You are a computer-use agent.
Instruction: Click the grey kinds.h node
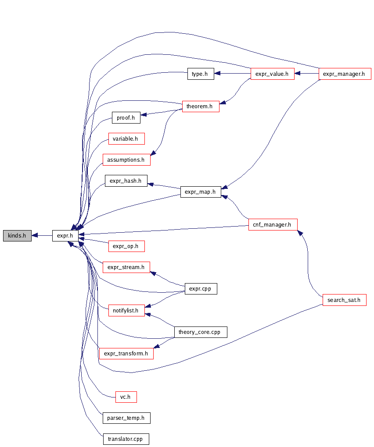point(17,236)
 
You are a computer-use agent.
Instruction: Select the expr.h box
point(65,236)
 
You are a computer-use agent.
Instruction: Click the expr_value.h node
point(272,74)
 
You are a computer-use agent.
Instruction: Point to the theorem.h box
point(200,106)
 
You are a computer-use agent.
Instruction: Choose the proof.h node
point(126,117)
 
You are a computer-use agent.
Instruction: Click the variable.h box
point(126,139)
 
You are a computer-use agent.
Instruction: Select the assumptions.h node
point(126,160)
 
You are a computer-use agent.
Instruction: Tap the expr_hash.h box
point(126,181)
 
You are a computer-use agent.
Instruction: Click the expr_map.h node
point(200,192)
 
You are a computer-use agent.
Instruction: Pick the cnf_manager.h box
point(272,225)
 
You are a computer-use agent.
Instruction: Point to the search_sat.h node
point(344,300)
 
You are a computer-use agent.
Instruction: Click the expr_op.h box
point(126,246)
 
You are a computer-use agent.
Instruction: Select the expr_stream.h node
point(126,267)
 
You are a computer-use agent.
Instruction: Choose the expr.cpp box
point(201,289)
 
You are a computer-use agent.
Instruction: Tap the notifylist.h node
point(126,311)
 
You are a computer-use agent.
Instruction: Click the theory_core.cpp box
point(200,332)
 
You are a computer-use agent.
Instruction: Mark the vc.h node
point(126,397)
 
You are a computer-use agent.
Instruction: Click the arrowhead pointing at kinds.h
point(35,236)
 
